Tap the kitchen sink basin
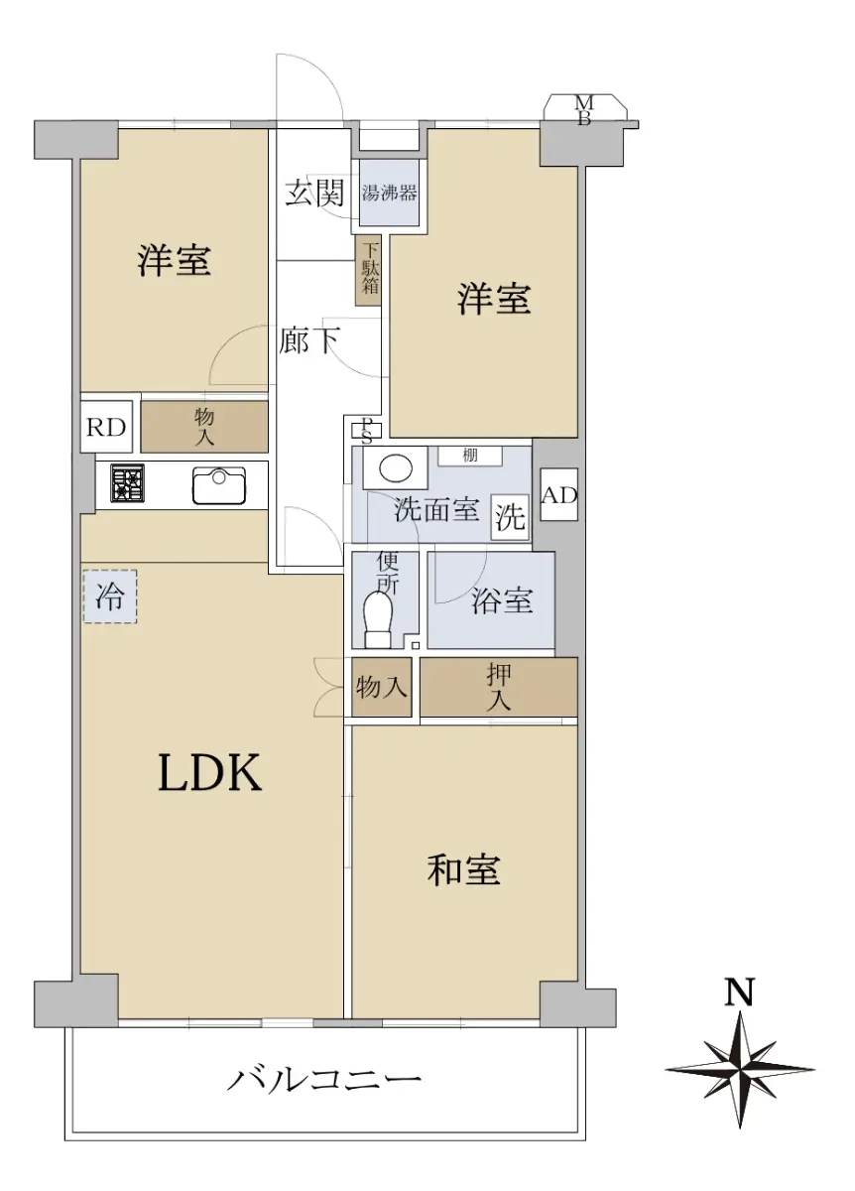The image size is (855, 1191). pos(219,485)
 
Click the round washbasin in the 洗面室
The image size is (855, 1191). pos(396,468)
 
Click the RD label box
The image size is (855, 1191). pos(106,427)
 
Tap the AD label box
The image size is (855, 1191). pos(559,494)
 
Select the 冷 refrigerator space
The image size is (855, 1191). pos(110,596)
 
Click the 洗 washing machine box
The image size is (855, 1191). pos(510,517)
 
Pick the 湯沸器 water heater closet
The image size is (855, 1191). pos(389,193)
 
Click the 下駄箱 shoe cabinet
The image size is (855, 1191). pos(368,270)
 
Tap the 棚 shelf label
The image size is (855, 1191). pos(470,456)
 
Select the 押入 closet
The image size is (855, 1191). pos(499,687)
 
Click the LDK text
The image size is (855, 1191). pos(210,773)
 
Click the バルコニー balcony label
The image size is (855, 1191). pos(324,1080)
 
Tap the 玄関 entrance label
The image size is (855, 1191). pos(314,193)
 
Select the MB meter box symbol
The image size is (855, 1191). pos(584,110)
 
